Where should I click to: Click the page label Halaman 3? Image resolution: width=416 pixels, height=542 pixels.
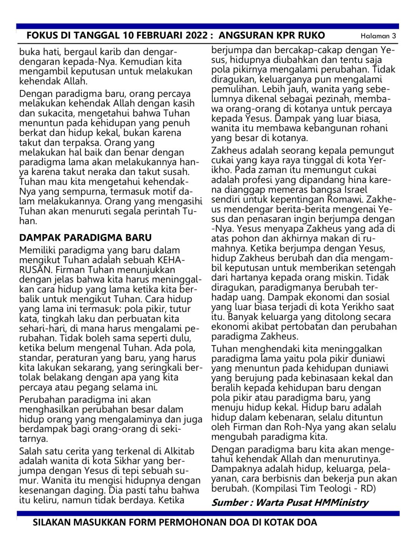click(x=378, y=36)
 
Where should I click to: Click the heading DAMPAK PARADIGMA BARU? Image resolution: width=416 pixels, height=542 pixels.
click(x=85, y=237)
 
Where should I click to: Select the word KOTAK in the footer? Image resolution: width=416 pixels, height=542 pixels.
click(x=281, y=523)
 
